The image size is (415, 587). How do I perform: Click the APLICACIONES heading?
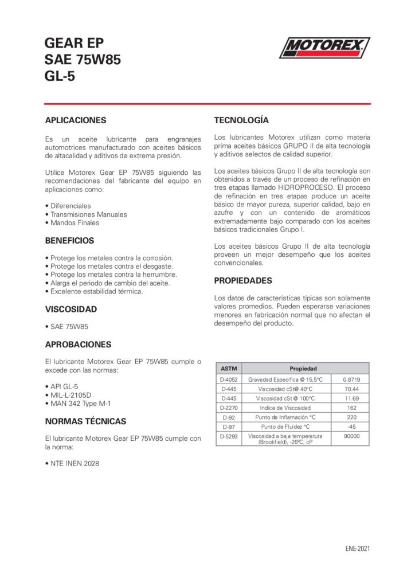[x=76, y=120]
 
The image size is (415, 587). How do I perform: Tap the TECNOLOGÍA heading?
[x=241, y=120]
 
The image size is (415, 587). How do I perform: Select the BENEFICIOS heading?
[x=69, y=240]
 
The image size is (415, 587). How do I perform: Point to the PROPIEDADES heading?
[x=243, y=280]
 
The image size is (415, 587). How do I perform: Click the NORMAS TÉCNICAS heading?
[x=85, y=421]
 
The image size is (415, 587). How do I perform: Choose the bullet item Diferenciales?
[x=70, y=205]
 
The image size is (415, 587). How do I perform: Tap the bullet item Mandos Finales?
[x=75, y=222]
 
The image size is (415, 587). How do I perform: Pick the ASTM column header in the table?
[x=228, y=369]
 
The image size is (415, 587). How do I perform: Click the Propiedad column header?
[x=303, y=369]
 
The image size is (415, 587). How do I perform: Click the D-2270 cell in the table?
[x=228, y=408]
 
